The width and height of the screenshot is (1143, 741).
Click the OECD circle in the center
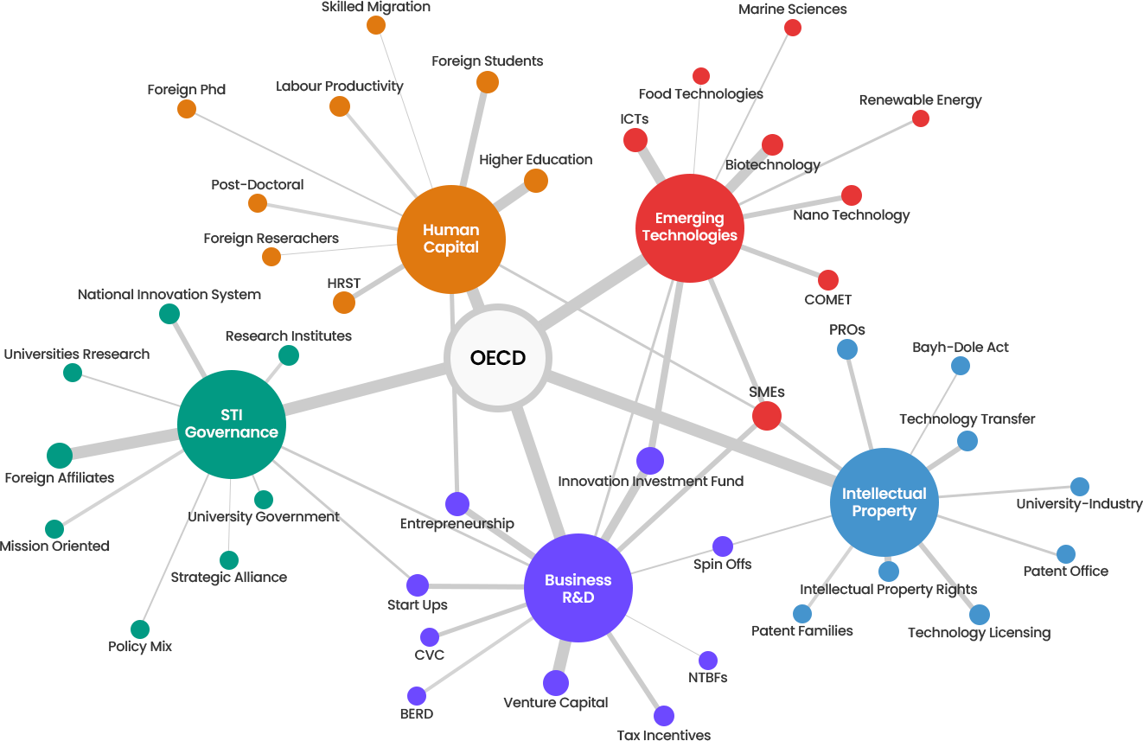(x=498, y=357)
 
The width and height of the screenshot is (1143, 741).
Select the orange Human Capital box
(x=450, y=239)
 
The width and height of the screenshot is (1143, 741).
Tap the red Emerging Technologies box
(x=689, y=227)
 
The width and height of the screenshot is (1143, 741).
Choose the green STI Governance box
(x=231, y=424)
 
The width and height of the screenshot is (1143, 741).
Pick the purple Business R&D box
(x=578, y=588)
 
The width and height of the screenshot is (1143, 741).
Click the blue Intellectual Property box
(x=884, y=501)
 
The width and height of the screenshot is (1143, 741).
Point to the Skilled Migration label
(x=375, y=7)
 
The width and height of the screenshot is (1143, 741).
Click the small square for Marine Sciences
(x=792, y=27)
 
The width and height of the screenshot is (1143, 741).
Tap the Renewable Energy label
(x=920, y=100)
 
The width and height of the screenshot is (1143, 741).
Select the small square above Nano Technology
(x=851, y=195)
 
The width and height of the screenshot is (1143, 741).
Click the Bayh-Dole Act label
(x=961, y=348)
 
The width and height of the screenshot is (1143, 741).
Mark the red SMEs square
(x=766, y=414)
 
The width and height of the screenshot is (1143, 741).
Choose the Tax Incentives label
(x=663, y=735)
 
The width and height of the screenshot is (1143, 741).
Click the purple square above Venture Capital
(x=555, y=682)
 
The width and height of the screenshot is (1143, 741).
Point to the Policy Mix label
(x=140, y=647)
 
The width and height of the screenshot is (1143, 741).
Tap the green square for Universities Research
(x=72, y=372)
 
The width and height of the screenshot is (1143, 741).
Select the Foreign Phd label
(x=186, y=90)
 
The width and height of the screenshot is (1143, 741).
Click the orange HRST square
(x=343, y=302)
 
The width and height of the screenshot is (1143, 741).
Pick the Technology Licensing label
(x=979, y=633)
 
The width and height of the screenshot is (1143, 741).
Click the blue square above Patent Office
(x=1065, y=553)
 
